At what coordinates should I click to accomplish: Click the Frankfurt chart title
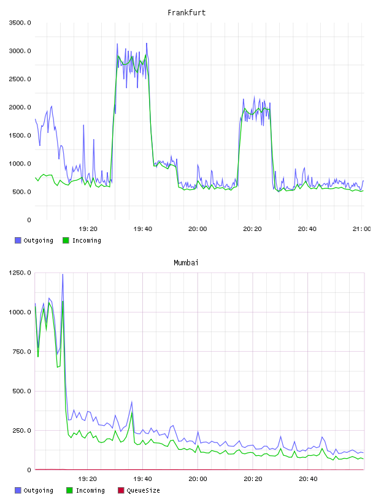pos(186,13)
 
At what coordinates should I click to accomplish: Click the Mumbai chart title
pos(186,263)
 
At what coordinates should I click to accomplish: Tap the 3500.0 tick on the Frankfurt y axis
pos(20,23)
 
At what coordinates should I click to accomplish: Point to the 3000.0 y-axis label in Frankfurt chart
pos(20,51)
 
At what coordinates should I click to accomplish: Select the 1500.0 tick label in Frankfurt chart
pos(20,135)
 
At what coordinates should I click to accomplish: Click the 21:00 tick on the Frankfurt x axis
pos(361,229)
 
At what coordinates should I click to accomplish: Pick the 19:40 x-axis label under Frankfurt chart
pos(143,229)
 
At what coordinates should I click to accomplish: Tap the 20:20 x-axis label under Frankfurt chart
pos(252,229)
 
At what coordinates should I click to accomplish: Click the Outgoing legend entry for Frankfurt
pos(34,240)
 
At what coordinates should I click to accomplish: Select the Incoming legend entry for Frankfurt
pos(82,240)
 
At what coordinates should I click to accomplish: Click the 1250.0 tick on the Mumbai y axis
pos(20,273)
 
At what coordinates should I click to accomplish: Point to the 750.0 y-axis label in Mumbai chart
pos(21,351)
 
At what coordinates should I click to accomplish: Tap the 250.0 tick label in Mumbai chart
pos(21,431)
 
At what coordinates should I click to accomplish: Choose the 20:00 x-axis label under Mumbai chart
pos(198,479)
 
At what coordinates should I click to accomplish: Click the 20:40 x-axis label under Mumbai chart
pos(308,479)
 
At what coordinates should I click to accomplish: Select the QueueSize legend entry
pos(139,490)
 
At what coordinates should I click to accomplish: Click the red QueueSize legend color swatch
pos(121,490)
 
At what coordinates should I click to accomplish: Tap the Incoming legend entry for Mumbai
pos(86,490)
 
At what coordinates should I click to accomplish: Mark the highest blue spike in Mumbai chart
pos(63,275)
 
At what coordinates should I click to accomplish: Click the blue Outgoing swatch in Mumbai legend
pos(18,490)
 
